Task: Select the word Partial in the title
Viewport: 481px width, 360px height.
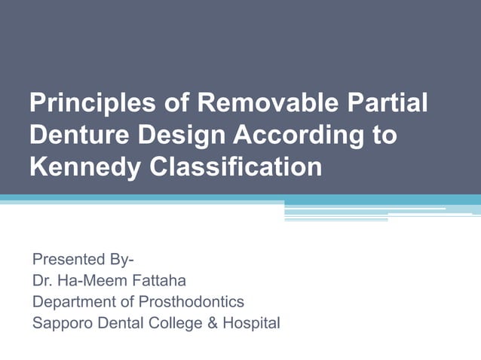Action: pyautogui.click(x=391, y=104)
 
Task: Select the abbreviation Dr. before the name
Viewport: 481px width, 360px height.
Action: pyautogui.click(x=43, y=281)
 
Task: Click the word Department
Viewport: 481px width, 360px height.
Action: pyautogui.click(x=72, y=302)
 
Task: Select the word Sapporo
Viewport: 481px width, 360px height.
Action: pyautogui.click(x=59, y=324)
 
